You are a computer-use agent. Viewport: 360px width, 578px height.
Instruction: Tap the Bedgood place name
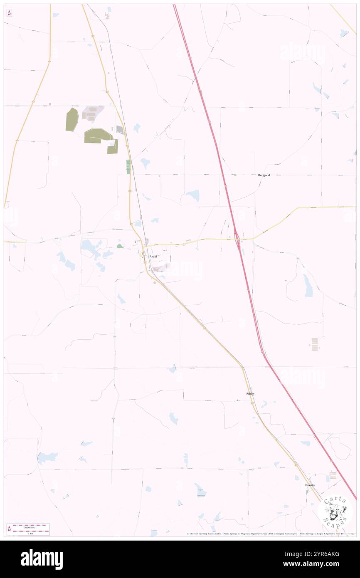pyautogui.click(x=264, y=175)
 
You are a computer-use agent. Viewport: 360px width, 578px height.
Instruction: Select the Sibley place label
pyautogui.click(x=250, y=393)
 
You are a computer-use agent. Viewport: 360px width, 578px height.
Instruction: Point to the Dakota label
pyautogui.click(x=310, y=485)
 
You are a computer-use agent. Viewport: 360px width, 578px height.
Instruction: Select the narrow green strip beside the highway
pyautogui.click(x=128, y=167)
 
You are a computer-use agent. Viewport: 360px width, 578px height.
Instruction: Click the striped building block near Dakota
pyautogui.click(x=333, y=475)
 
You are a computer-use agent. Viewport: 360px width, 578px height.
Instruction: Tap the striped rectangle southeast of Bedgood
pyautogui.click(x=315, y=344)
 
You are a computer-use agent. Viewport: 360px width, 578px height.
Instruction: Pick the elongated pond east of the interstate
pyautogui.click(x=308, y=286)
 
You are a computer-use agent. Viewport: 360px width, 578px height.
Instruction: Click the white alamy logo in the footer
pyautogui.click(x=42, y=559)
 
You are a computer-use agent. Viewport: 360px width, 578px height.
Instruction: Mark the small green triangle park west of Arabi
pyautogui.click(x=120, y=246)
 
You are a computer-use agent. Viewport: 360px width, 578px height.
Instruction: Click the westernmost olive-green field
pyautogui.click(x=72, y=119)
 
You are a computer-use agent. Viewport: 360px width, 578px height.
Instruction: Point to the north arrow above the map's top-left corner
pyautogui.click(x=9, y=12)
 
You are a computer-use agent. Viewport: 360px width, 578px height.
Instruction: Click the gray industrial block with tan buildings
pyautogui.click(x=93, y=113)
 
